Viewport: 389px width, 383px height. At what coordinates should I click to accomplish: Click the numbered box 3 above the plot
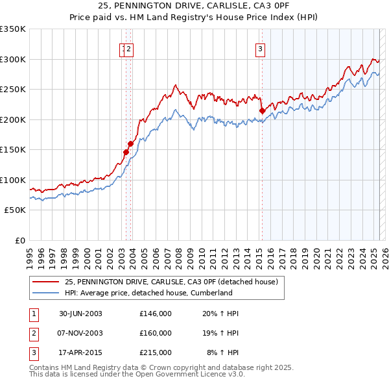(260, 47)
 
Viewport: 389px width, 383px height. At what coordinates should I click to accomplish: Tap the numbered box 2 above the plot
(129, 47)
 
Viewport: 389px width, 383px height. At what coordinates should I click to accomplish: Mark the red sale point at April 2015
(262, 111)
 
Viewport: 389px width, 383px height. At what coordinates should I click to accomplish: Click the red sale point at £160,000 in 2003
(130, 144)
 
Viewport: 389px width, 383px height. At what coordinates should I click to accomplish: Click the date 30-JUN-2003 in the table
(80, 314)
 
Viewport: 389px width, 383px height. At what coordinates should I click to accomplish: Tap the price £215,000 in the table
(156, 352)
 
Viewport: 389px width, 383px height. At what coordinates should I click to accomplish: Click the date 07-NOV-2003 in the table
(80, 333)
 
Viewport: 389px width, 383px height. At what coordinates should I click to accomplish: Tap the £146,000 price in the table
(156, 314)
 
